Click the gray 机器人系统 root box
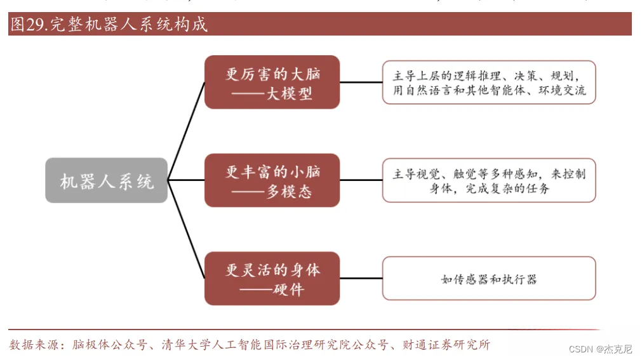click(106, 180)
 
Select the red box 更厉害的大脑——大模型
click(272, 83)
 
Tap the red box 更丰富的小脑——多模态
click(272, 180)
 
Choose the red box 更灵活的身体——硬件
click(272, 279)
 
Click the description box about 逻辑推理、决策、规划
click(489, 83)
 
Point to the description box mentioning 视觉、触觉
click(489, 180)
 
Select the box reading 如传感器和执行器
click(489, 279)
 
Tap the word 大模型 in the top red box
click(289, 93)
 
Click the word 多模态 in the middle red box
click(289, 191)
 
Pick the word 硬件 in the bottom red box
click(289, 290)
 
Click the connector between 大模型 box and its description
click(361, 83)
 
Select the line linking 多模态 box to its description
click(361, 180)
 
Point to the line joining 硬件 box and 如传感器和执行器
click(361, 279)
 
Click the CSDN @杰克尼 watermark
click(600, 349)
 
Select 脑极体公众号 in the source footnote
click(109, 345)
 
